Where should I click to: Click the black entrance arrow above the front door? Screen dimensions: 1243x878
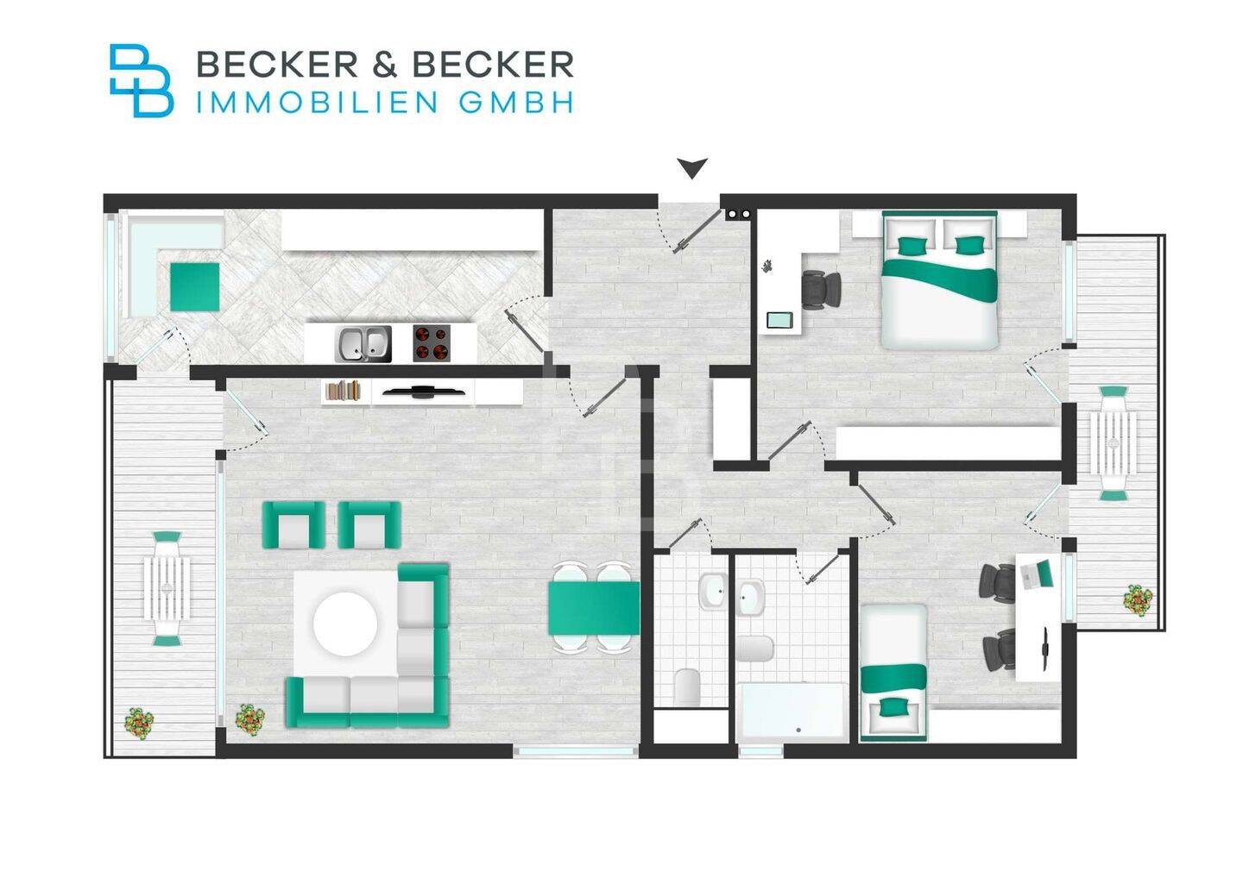click(x=691, y=167)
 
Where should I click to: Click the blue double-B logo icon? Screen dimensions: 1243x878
click(x=140, y=80)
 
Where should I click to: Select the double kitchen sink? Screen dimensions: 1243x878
click(x=363, y=343)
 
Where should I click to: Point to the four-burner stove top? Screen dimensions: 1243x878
click(x=432, y=342)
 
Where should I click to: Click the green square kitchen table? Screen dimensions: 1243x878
click(x=194, y=286)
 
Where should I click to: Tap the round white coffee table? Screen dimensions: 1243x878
click(x=345, y=624)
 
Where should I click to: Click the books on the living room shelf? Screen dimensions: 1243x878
click(x=344, y=391)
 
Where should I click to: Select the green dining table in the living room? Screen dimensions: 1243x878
click(x=593, y=607)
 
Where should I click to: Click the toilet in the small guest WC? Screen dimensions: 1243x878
click(x=689, y=687)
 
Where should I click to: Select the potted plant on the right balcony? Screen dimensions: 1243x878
click(x=1138, y=599)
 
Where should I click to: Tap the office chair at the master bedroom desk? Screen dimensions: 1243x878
click(x=821, y=290)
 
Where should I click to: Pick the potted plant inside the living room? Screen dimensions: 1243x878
click(x=249, y=718)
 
